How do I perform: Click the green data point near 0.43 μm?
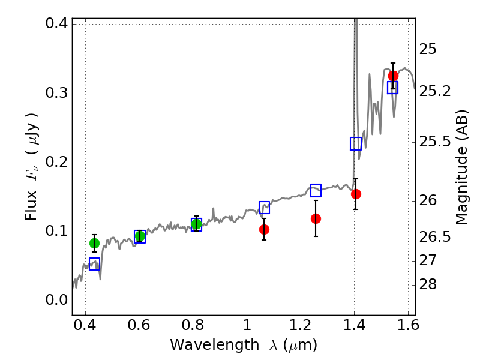tap(94, 243)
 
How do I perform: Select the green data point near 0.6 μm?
tap(140, 236)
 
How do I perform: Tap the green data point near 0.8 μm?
tap(196, 224)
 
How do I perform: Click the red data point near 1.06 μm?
tap(264, 229)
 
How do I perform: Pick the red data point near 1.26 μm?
tap(316, 218)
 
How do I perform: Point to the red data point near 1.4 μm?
tap(356, 194)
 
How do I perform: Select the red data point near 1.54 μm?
tap(393, 76)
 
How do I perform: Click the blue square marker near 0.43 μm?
tap(94, 264)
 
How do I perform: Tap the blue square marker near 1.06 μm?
tap(264, 208)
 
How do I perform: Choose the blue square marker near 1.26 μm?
tap(316, 190)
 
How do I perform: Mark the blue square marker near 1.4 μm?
tap(356, 143)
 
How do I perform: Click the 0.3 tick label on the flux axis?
tap(55, 94)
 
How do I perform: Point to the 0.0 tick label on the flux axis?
tap(55, 301)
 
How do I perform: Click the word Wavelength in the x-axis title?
tap(204, 345)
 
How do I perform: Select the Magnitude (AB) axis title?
tap(461, 167)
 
